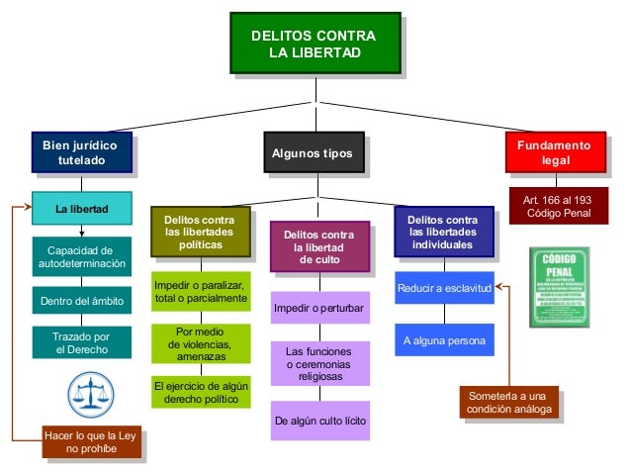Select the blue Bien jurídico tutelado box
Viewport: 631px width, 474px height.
click(x=80, y=153)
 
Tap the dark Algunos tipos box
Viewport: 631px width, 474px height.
click(x=312, y=153)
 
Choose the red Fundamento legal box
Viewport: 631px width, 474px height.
click(x=555, y=152)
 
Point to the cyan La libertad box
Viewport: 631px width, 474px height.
click(x=81, y=209)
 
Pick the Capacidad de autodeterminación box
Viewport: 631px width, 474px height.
click(x=81, y=257)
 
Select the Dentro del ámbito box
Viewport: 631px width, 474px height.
click(x=81, y=300)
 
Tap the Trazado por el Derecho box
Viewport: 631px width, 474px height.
click(x=81, y=343)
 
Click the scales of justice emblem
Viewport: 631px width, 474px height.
click(x=89, y=395)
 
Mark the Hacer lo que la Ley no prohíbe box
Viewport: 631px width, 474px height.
click(x=91, y=441)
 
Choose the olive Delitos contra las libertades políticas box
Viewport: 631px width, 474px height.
click(x=201, y=232)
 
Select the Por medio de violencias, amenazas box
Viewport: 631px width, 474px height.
click(x=201, y=343)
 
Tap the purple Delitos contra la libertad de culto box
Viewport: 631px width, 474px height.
click(x=318, y=246)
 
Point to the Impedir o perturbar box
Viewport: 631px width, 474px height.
click(x=318, y=309)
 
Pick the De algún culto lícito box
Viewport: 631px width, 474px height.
click(x=319, y=422)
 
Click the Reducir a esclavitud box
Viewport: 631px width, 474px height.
click(x=443, y=289)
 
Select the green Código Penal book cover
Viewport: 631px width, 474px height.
click(x=559, y=287)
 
